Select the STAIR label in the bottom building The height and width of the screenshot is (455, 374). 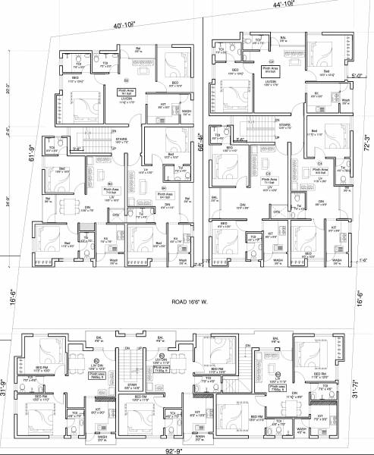(133, 385)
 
